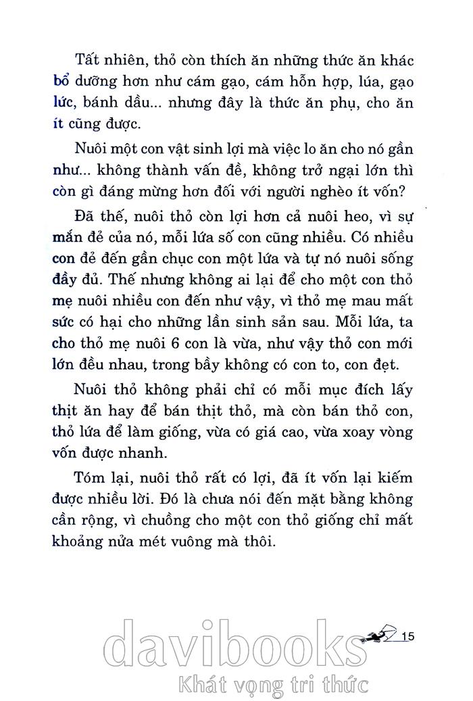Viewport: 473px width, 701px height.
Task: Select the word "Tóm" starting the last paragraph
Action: pyautogui.click(x=93, y=478)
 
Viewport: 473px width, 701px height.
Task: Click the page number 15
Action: pyautogui.click(x=407, y=635)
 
